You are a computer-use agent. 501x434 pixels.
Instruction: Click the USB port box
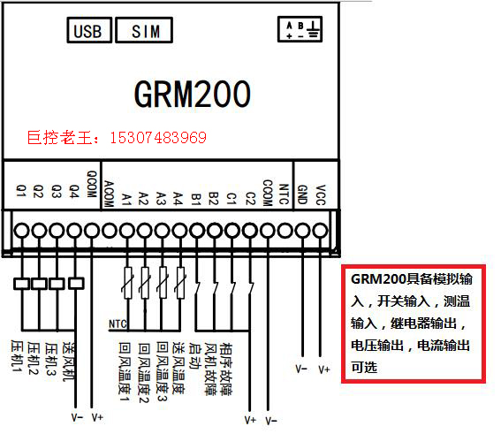[x=89, y=30]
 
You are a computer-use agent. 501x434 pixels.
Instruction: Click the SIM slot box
[x=144, y=30]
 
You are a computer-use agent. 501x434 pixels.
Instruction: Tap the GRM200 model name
[x=193, y=94]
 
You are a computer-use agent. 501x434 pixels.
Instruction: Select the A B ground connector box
[x=300, y=29]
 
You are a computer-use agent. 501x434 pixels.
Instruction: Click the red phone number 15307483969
[x=158, y=138]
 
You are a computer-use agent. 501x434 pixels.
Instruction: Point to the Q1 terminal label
[x=21, y=190]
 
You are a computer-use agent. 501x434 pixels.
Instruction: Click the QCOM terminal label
[x=92, y=184]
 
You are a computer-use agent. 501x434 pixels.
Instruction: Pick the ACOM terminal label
[x=110, y=194]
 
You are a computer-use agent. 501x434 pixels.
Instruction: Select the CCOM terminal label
[x=268, y=193]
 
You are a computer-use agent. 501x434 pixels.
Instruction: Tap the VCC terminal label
[x=321, y=194]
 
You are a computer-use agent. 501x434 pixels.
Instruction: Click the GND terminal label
[x=302, y=194]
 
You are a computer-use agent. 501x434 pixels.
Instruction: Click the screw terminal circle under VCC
[x=320, y=231]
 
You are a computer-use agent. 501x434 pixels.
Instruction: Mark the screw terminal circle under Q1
[x=22, y=231]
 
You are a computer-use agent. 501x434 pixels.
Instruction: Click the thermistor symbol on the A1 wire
[x=128, y=283]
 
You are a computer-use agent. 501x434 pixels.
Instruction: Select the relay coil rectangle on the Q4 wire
[x=76, y=283]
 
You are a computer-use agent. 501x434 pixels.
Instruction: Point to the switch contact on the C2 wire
[x=250, y=287]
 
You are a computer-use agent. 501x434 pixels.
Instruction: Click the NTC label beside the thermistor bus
[x=118, y=324]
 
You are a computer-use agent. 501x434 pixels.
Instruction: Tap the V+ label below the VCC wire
[x=324, y=369]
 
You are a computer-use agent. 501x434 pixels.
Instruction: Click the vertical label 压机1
[x=17, y=356]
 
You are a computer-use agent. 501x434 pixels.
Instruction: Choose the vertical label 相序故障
[x=226, y=369]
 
